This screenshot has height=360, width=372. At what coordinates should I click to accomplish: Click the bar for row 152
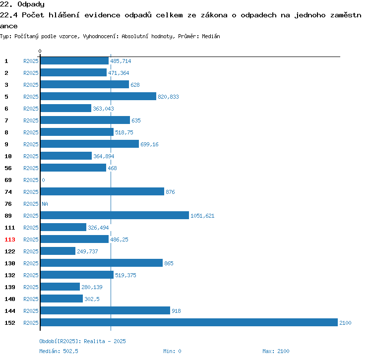[189, 322]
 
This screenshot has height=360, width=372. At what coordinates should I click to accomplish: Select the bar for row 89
[115, 215]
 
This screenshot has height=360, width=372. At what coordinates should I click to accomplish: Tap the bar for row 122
[58, 251]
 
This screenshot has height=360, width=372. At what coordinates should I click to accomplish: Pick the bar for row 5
[99, 96]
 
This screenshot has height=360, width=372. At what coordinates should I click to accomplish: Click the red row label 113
[10, 240]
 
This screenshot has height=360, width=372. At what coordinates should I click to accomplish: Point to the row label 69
[8, 180]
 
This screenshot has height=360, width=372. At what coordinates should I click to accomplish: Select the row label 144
[10, 311]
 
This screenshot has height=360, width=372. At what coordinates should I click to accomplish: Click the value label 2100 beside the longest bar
[345, 323]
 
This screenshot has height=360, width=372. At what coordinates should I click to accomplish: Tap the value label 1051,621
[202, 216]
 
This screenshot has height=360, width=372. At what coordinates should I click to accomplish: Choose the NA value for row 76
[45, 204]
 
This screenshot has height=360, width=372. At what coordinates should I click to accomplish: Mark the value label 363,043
[103, 109]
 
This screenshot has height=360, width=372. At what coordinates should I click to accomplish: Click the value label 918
[176, 311]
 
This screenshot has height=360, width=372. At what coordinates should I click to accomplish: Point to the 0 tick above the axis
[40, 51]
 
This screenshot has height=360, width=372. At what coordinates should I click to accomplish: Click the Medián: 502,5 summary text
[59, 351]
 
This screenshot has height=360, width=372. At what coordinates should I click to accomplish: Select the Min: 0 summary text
[172, 351]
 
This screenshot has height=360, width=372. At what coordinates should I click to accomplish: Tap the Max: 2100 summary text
[276, 351]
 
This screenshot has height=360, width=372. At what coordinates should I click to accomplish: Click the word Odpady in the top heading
[31, 4]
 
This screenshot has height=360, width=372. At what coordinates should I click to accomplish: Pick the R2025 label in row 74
[31, 192]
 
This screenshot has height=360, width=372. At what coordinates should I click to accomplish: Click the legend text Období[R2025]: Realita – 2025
[82, 341]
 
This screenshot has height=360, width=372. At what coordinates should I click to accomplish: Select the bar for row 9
[90, 144]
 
